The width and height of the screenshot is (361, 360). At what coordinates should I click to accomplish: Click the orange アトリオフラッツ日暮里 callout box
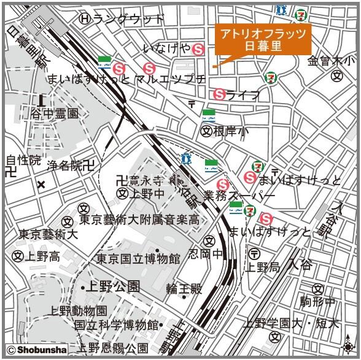(263, 40)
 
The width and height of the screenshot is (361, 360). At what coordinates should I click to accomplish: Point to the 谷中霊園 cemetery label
(55, 113)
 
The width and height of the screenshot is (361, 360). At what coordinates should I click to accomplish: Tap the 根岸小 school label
(231, 131)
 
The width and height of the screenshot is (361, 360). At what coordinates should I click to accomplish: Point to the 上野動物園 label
(79, 311)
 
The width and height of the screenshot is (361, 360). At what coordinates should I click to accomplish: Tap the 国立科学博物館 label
(117, 324)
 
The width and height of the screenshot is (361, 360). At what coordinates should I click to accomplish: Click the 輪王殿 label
(184, 288)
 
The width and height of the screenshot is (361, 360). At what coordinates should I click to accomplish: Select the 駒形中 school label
(317, 301)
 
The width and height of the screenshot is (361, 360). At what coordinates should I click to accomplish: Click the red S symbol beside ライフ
(219, 94)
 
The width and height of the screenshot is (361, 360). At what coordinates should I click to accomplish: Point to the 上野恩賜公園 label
(113, 348)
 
